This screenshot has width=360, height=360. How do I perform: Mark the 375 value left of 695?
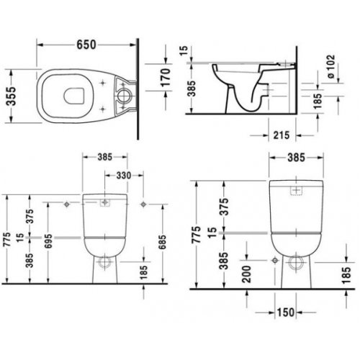pyautogui.click(x=30, y=215)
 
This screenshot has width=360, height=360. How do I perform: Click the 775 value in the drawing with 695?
pyautogui.click(x=8, y=241)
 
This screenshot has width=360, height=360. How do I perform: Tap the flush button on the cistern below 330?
pyautogui.click(x=106, y=202)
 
